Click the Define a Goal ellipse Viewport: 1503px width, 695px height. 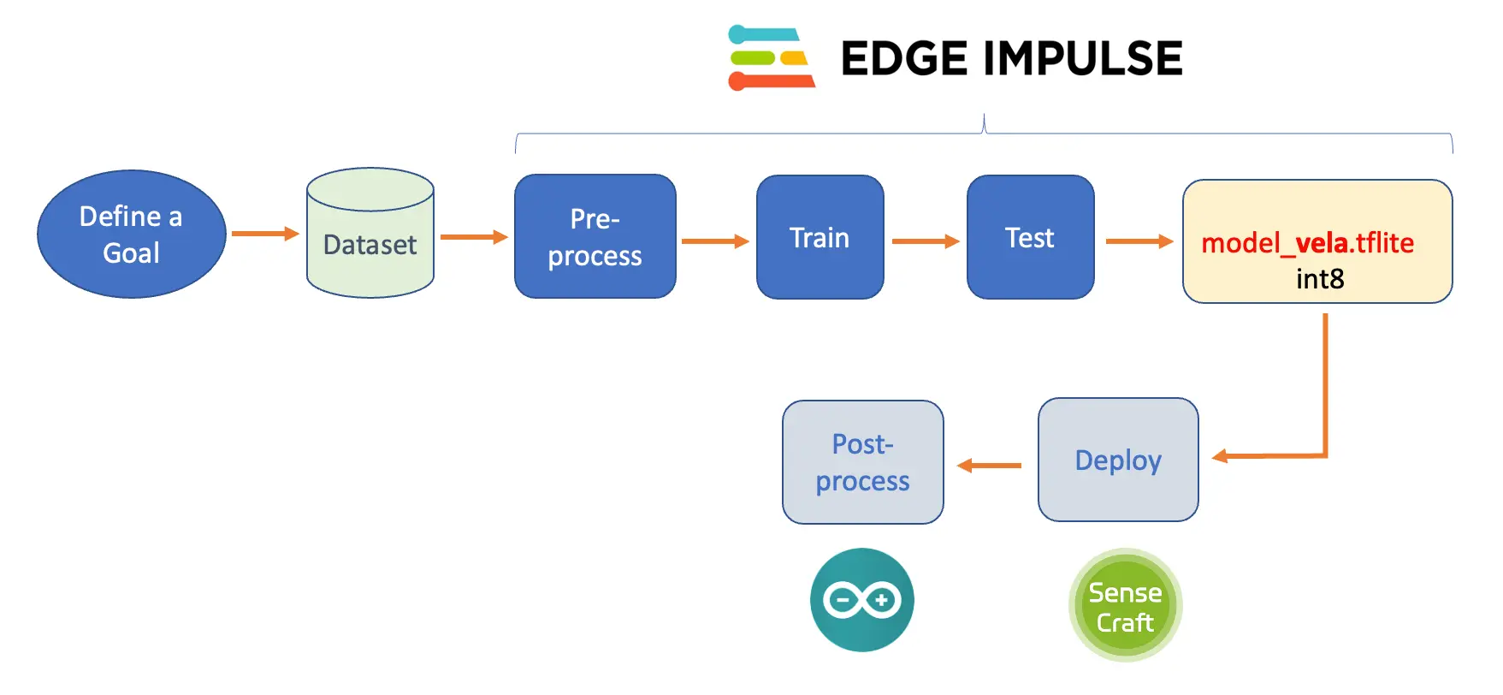click(x=131, y=234)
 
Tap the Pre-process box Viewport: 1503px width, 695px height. click(x=595, y=237)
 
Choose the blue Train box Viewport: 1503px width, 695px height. click(x=820, y=237)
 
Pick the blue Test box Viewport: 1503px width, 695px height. click(x=1030, y=237)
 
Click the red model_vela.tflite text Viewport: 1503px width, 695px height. click(x=1307, y=243)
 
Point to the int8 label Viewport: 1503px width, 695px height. click(x=1320, y=279)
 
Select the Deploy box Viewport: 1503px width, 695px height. click(x=1117, y=460)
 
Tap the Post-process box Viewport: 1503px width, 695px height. click(x=862, y=462)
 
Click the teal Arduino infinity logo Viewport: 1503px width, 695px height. click(x=861, y=600)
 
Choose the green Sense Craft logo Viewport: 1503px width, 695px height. click(x=1125, y=605)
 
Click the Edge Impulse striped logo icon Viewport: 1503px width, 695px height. click(x=771, y=58)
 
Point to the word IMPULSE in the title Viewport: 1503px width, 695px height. click(x=1083, y=58)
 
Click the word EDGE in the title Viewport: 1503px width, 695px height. click(x=904, y=58)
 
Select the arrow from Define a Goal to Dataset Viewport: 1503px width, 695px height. click(x=264, y=234)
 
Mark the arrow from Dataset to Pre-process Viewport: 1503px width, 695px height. click(x=473, y=237)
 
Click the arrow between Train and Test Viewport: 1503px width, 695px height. click(x=925, y=241)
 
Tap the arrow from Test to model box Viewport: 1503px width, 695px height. click(x=1139, y=241)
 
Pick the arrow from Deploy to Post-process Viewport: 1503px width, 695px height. click(x=990, y=466)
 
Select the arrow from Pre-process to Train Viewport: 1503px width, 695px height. click(x=715, y=241)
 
